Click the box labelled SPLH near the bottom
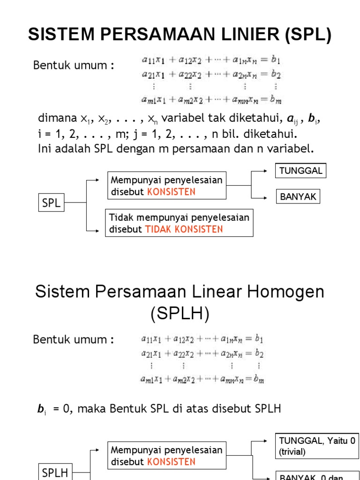coord(55,473)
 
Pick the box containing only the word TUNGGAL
coord(300,171)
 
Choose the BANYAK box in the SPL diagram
coord(298,197)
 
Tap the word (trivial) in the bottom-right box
coord(292,452)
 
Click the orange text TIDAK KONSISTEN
coord(184,229)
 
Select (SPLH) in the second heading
coord(180,313)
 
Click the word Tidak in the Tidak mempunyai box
coord(119,217)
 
